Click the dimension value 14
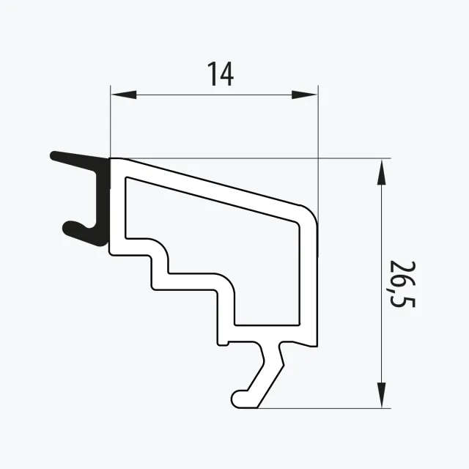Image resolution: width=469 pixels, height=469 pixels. point(221,74)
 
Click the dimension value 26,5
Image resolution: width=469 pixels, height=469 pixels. point(402,284)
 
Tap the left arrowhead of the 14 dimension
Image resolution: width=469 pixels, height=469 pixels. point(124,95)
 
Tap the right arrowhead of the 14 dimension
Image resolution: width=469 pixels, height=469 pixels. point(304,95)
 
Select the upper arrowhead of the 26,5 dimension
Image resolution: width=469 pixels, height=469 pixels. point(381,172)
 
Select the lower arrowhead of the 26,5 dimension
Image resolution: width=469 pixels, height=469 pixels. point(381,395)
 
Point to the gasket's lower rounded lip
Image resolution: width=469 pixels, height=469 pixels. point(70,228)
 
